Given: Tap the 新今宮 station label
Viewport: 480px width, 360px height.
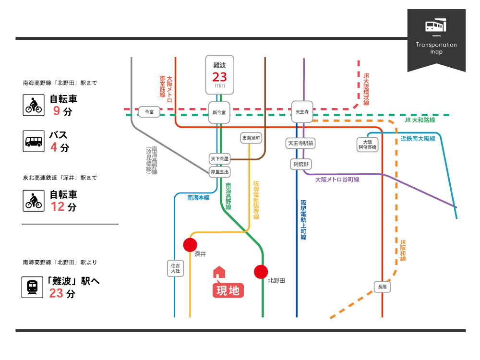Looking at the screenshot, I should [219, 113].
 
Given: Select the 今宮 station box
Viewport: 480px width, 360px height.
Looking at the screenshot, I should [149, 112].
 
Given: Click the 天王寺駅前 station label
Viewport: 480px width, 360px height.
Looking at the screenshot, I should [300, 143].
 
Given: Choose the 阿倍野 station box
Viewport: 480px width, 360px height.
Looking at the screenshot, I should [302, 164].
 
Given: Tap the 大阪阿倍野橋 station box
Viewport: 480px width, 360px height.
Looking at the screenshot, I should [367, 144].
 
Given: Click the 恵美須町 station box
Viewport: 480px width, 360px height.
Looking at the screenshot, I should [251, 138].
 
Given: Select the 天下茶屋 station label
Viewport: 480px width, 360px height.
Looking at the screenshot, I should [220, 158].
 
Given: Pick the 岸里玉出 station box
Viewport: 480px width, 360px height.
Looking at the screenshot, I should [220, 171].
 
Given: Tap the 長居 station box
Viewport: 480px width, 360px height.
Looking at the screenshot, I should [382, 287].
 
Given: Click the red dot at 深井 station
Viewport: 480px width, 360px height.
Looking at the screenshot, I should [190, 245].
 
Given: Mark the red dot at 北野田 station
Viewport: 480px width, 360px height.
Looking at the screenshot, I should [261, 272].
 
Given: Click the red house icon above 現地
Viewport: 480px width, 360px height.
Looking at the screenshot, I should [219, 272].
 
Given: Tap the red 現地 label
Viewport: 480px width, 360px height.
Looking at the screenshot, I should [228, 290].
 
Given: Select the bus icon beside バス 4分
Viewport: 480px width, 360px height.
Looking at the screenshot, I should [34, 142].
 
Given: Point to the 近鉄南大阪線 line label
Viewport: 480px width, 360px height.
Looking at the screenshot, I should [418, 139].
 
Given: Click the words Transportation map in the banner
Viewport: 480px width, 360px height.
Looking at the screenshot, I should [436, 48].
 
